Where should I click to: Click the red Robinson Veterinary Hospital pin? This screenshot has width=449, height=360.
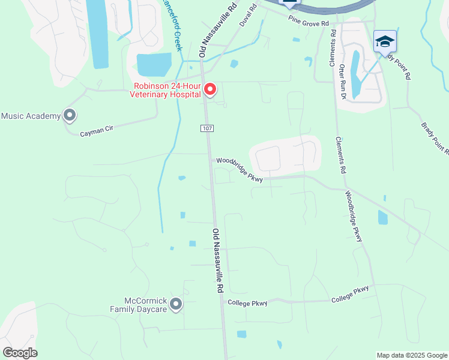210,90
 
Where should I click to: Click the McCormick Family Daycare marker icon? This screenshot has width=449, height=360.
176,304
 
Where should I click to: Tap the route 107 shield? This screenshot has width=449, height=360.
206,128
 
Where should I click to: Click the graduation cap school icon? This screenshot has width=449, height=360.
385,41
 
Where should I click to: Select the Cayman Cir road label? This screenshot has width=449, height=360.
97,130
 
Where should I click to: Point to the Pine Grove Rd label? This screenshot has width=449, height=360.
309,22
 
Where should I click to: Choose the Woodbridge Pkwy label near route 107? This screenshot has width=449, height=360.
240,169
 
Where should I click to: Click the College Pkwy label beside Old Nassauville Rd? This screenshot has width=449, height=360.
247,303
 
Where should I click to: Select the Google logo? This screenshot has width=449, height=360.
20,353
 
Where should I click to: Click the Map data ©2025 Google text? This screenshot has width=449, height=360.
411,355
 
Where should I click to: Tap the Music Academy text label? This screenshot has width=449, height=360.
31,116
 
